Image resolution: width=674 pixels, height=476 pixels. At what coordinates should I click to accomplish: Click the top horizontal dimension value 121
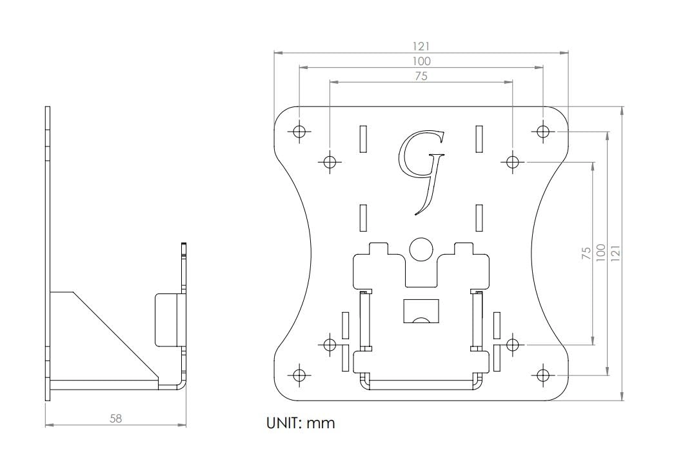[421, 46]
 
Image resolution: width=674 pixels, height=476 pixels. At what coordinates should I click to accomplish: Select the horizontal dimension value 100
[421, 61]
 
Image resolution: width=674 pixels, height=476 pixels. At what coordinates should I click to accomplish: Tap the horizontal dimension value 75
[421, 76]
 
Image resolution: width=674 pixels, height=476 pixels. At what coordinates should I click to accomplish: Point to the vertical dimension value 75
[586, 252]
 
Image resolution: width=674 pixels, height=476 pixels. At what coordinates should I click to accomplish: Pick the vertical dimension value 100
[600, 252]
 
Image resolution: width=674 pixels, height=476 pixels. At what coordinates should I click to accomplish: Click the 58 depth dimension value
[115, 418]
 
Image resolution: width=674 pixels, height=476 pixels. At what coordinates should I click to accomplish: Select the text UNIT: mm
[301, 424]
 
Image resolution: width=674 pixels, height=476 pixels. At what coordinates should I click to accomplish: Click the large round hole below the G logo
[421, 248]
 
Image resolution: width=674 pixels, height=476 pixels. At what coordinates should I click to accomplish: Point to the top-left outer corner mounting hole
[298, 132]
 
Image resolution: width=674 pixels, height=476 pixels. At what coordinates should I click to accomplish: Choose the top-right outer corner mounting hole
[543, 132]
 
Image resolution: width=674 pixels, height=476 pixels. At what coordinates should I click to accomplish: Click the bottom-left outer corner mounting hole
[298, 375]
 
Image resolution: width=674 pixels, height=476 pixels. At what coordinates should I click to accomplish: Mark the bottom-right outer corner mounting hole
[543, 375]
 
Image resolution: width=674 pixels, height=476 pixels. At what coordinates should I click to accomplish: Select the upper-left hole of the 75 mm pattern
[330, 161]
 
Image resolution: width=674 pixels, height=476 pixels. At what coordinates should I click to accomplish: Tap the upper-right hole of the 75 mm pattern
[512, 161]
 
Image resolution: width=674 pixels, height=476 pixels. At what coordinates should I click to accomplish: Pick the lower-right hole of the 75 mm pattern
[512, 344]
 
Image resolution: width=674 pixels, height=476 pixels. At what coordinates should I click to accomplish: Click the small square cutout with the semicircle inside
[421, 311]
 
